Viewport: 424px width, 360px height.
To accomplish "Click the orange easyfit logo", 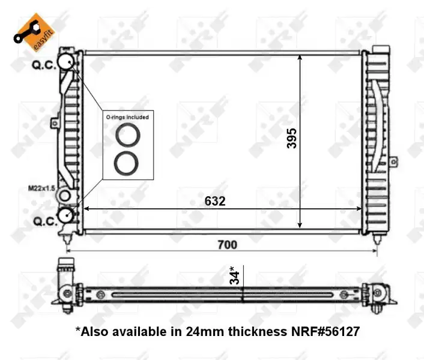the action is point(34,32).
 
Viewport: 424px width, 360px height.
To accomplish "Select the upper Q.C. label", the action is point(44,65).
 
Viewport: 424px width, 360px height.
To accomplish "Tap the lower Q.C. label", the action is point(45,221).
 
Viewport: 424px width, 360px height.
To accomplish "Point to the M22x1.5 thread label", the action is point(41,188).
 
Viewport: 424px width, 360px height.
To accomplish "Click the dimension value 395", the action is point(292,139).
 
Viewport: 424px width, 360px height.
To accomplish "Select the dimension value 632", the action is point(215,201).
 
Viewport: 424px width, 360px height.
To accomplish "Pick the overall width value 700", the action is point(228,245).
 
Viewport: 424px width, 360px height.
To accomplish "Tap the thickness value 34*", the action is point(234,275).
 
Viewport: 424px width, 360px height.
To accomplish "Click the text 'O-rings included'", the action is point(127,117).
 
